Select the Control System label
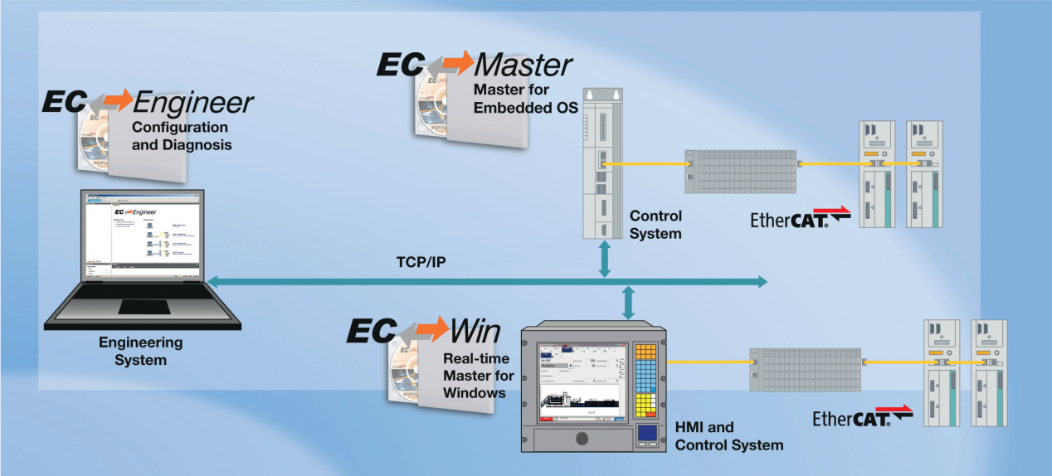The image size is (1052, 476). click(655, 225)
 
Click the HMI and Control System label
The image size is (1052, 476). click(729, 436)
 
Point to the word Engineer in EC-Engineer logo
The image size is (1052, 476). click(192, 103)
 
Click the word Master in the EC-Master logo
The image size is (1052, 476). click(523, 65)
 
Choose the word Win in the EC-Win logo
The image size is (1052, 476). click(475, 332)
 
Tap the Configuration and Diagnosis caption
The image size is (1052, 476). click(180, 136)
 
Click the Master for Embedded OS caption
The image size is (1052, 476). click(525, 98)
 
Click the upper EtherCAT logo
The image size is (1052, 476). click(800, 219)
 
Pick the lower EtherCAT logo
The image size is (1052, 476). click(862, 417)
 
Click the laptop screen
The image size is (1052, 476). click(143, 237)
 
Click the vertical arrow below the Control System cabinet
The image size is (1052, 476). click(605, 259)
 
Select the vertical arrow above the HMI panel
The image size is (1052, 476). click(628, 303)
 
